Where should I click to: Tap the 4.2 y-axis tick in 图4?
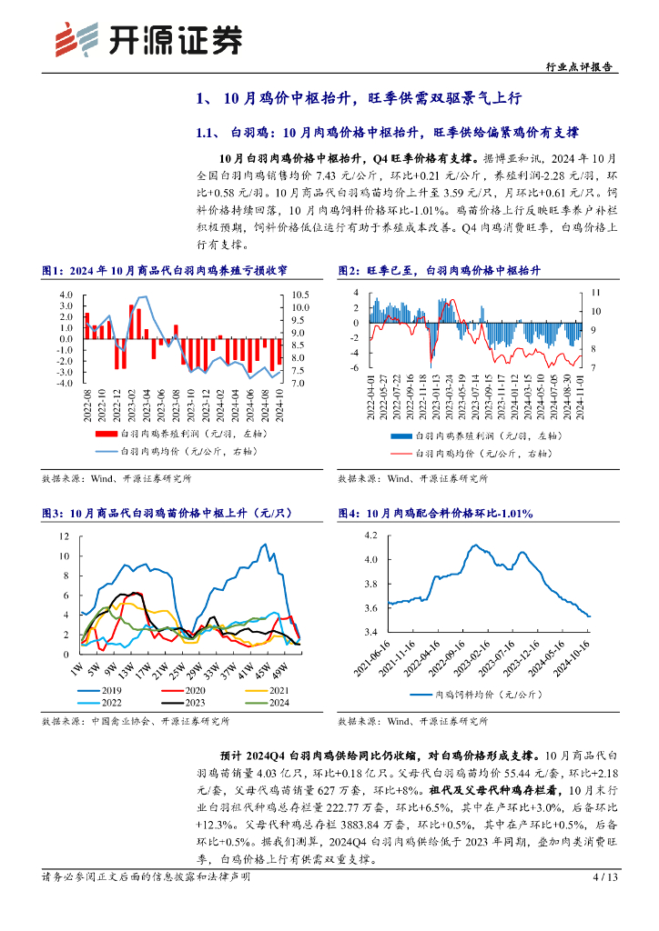click(370, 536)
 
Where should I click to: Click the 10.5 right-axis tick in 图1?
click(300, 295)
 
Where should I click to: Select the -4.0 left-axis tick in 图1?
click(66, 383)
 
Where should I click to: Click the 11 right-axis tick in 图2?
click(596, 293)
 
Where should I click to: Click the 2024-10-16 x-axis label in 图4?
click(579, 658)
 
